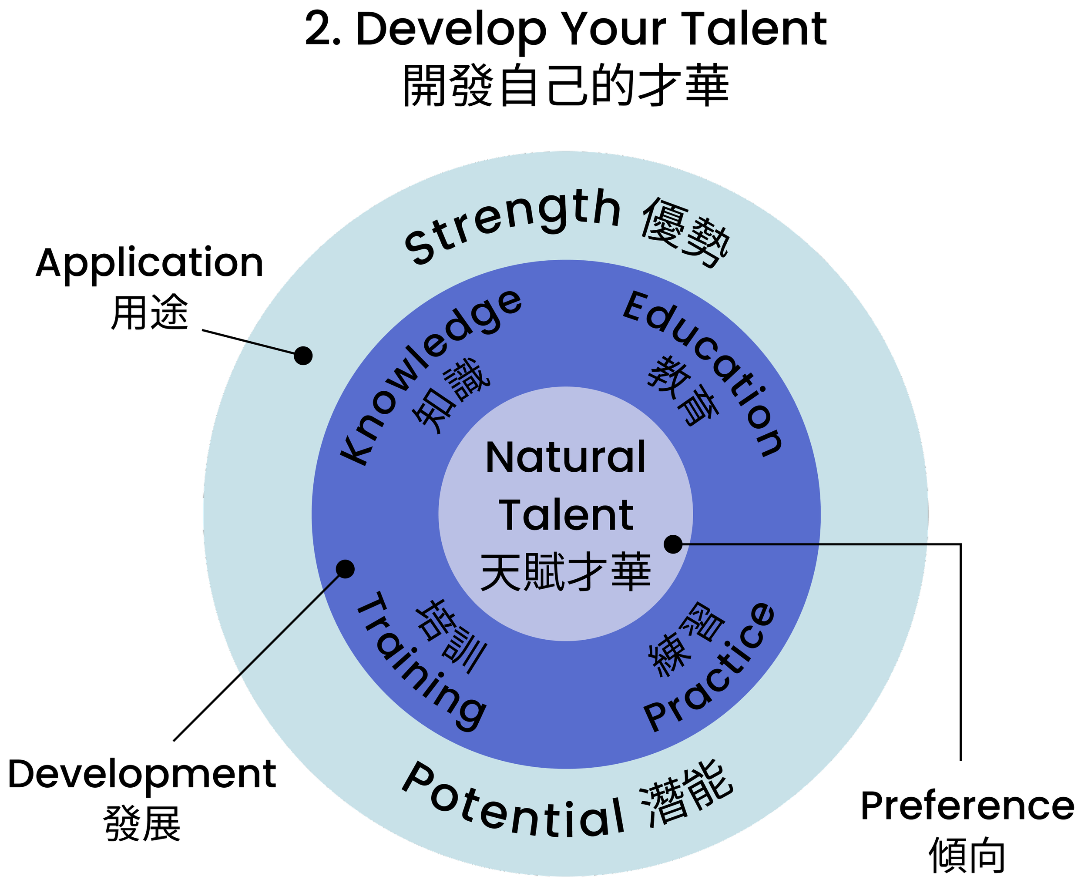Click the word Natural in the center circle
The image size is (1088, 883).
[566, 457]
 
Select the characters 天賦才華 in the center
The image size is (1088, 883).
[566, 572]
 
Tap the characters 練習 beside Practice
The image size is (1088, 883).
[687, 639]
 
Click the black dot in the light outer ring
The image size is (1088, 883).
[303, 356]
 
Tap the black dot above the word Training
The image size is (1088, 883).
[346, 569]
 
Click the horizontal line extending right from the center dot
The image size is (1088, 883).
[804, 544]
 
